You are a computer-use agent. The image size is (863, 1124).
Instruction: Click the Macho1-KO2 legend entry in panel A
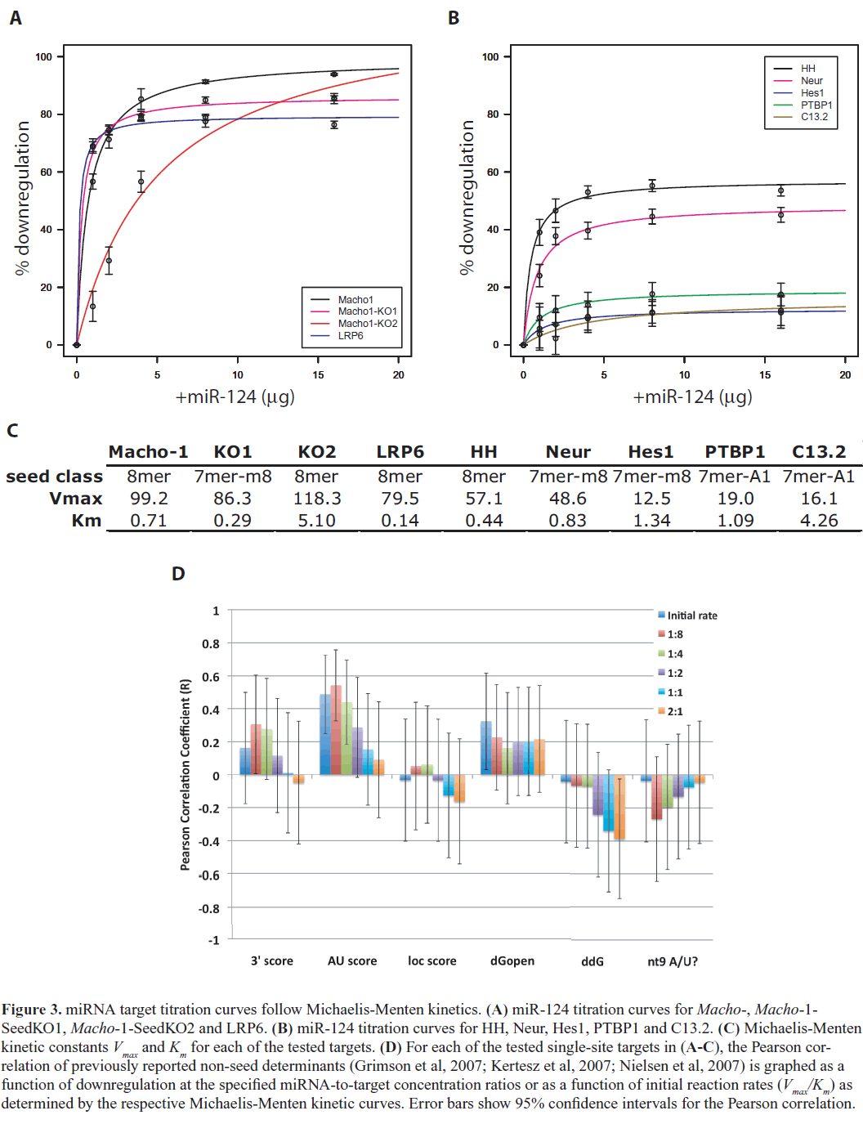367,323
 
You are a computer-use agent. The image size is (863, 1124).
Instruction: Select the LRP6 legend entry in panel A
351,335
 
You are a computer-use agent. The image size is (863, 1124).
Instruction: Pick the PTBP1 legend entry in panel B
816,105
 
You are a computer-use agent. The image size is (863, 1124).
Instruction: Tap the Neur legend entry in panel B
812,81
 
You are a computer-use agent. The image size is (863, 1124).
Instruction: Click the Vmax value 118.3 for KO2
316,499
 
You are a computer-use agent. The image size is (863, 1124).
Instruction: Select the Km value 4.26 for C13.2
819,521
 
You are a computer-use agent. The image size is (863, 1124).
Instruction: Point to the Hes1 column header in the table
651,452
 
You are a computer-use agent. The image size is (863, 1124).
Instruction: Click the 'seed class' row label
54,477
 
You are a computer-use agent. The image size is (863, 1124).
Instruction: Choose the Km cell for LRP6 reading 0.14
400,521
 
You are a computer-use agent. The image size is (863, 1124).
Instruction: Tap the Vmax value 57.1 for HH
484,499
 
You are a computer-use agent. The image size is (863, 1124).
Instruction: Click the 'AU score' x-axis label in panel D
352,961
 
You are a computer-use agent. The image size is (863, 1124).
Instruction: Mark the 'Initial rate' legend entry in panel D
691,616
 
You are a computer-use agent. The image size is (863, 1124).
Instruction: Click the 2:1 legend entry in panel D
674,712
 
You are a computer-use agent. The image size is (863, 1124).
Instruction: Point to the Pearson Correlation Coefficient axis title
186,774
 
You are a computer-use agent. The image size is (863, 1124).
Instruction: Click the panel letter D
178,574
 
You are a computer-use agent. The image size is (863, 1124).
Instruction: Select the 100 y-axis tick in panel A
43,57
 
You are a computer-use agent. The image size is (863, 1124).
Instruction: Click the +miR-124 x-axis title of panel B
692,397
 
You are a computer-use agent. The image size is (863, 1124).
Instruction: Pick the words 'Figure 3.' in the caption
31,1010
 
